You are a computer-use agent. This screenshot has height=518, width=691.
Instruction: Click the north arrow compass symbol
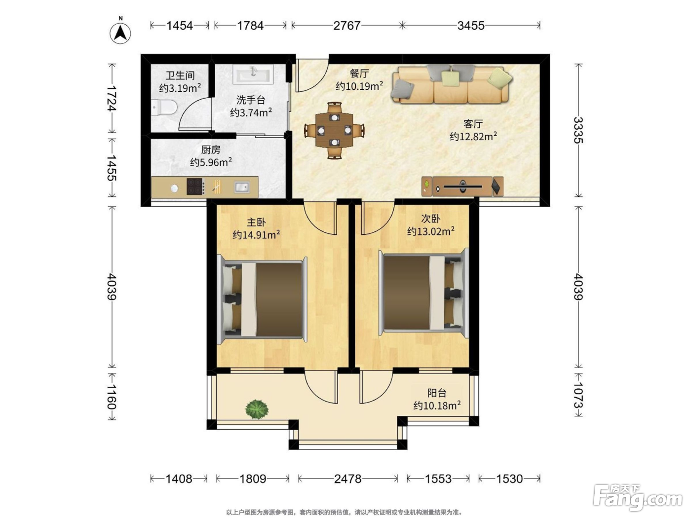tap(120, 33)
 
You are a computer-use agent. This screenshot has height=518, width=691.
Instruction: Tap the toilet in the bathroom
tap(164, 108)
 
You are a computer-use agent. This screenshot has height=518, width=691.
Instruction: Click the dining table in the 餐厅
tap(334, 130)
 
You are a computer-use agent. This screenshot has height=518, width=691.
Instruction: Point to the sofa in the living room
tap(451, 84)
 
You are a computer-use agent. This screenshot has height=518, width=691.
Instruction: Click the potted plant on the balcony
tap(257, 409)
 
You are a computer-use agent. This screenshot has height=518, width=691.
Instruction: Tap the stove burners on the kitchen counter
tap(195, 186)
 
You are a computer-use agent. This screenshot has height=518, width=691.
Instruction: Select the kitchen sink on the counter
tap(242, 187)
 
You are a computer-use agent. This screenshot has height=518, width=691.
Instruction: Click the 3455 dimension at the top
tap(471, 26)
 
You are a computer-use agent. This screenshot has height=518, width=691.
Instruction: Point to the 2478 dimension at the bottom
tap(347, 479)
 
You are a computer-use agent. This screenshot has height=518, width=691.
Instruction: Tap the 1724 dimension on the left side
tap(112, 99)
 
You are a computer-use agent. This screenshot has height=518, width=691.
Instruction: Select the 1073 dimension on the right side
tap(578, 395)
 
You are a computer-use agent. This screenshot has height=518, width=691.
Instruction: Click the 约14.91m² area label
tap(256, 235)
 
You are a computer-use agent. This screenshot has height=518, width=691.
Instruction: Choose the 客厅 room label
tap(473, 124)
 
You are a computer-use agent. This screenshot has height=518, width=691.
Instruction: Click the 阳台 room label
tap(437, 393)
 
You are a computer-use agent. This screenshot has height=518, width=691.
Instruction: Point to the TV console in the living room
tap(462, 186)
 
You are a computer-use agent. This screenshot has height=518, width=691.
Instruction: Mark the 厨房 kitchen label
tap(211, 149)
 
